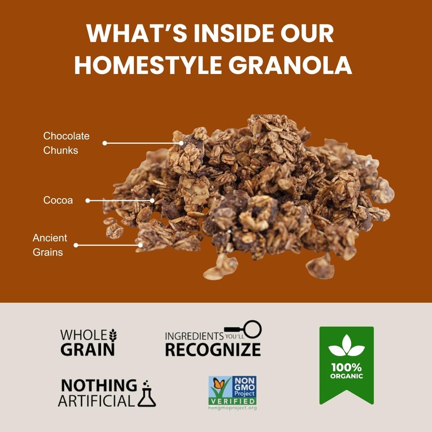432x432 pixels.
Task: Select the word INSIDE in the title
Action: click(232, 33)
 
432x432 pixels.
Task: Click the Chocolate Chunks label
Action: click(66, 143)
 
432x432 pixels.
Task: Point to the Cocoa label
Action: click(58, 200)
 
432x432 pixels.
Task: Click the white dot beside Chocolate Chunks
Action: click(105, 143)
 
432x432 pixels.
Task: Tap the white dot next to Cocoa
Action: click(88, 200)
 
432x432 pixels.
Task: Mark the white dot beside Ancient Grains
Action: click(76, 245)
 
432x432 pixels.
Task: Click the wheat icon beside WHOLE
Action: click(113, 335)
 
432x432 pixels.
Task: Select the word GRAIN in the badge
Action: click(87, 349)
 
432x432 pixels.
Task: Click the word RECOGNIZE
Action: click(213, 349)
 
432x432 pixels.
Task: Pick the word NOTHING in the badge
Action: click(99, 385)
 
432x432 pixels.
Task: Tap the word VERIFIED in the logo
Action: click(233, 401)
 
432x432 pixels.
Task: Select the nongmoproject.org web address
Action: click(233, 408)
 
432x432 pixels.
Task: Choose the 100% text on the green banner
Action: click(346, 367)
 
